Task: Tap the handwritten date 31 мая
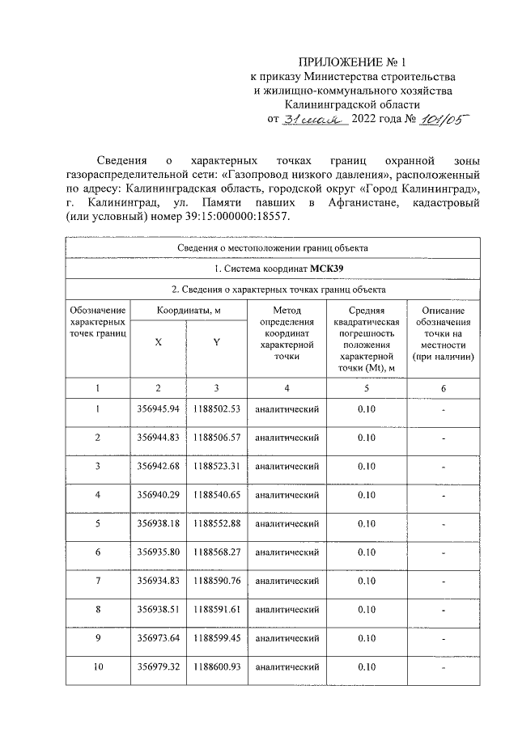click(x=314, y=119)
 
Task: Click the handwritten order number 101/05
click(x=445, y=118)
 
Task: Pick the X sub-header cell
click(x=158, y=342)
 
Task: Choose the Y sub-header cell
click(x=216, y=342)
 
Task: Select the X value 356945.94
click(x=158, y=408)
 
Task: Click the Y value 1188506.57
click(x=216, y=438)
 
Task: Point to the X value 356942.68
click(x=158, y=466)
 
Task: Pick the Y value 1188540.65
click(x=216, y=495)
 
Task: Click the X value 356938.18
click(x=158, y=523)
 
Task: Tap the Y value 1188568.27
click(x=216, y=552)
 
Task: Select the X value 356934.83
click(x=158, y=581)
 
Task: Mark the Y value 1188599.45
click(x=216, y=638)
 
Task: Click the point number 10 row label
click(x=98, y=667)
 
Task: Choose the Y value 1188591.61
click(x=216, y=610)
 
